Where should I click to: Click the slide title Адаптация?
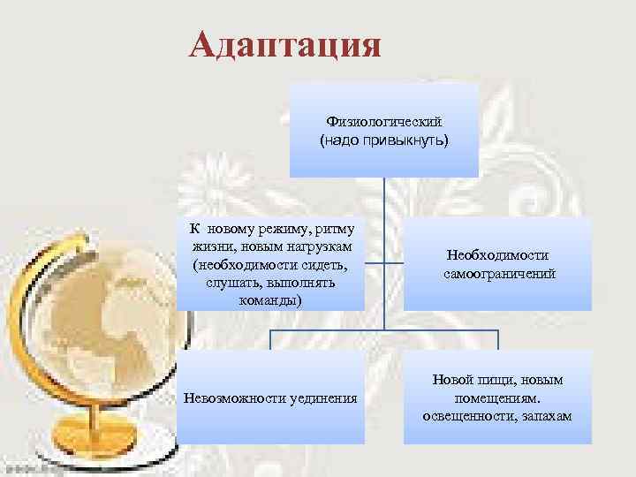tap(284, 44)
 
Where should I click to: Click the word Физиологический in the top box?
tap(384, 121)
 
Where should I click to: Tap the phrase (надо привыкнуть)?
tap(384, 140)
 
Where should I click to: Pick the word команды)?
tap(269, 300)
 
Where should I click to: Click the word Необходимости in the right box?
tap(498, 256)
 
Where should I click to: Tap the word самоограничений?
tap(498, 274)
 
